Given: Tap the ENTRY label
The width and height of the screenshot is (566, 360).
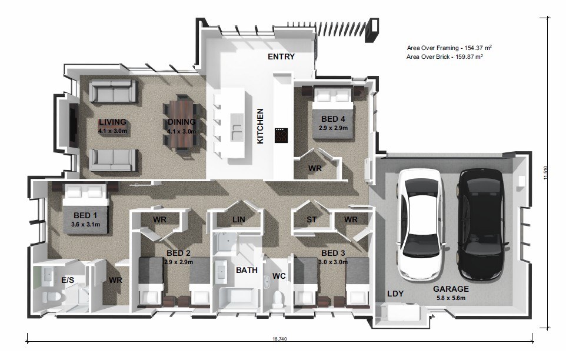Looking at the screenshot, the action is [281, 56].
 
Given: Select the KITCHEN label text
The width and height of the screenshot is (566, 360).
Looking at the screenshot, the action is [260, 126].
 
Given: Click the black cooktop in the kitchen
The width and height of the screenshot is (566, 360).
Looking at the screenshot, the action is [281, 135].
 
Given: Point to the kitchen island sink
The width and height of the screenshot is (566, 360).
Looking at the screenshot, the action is [237, 128].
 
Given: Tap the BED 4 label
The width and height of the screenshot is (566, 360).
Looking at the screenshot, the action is [333, 119].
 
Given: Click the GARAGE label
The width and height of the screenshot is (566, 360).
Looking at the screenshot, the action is [451, 289].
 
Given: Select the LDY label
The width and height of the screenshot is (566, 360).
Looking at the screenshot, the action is [395, 294].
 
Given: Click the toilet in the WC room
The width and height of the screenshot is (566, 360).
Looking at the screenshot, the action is [278, 299].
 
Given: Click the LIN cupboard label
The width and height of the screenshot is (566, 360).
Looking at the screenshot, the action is [239, 219].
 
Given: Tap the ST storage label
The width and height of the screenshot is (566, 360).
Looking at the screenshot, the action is [311, 219].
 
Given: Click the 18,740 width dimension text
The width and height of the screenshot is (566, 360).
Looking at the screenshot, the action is [279, 339].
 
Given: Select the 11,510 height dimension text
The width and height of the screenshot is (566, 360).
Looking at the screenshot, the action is [545, 173].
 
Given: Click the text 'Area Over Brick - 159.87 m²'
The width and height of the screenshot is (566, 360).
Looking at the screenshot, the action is [445, 56].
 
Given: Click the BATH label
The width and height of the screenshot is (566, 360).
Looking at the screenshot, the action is [247, 270].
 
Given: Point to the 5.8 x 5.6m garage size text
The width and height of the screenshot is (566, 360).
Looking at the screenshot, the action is [451, 298].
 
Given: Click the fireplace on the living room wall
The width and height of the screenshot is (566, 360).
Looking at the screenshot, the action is [74, 125].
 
